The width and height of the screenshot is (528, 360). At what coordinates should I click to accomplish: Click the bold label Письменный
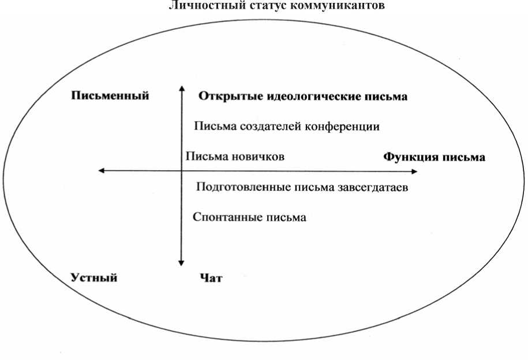click(x=110, y=96)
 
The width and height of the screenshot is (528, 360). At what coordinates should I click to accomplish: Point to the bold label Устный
click(x=94, y=278)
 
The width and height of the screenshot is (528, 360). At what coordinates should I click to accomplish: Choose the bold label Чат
click(x=211, y=279)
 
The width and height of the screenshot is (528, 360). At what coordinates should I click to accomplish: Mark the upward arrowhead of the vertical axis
click(x=182, y=88)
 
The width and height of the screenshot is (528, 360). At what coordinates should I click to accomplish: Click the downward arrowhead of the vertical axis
click(x=182, y=262)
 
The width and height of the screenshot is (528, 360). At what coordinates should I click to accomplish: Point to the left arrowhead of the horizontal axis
click(x=102, y=170)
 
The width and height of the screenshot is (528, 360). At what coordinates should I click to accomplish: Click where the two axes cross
click(x=182, y=170)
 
